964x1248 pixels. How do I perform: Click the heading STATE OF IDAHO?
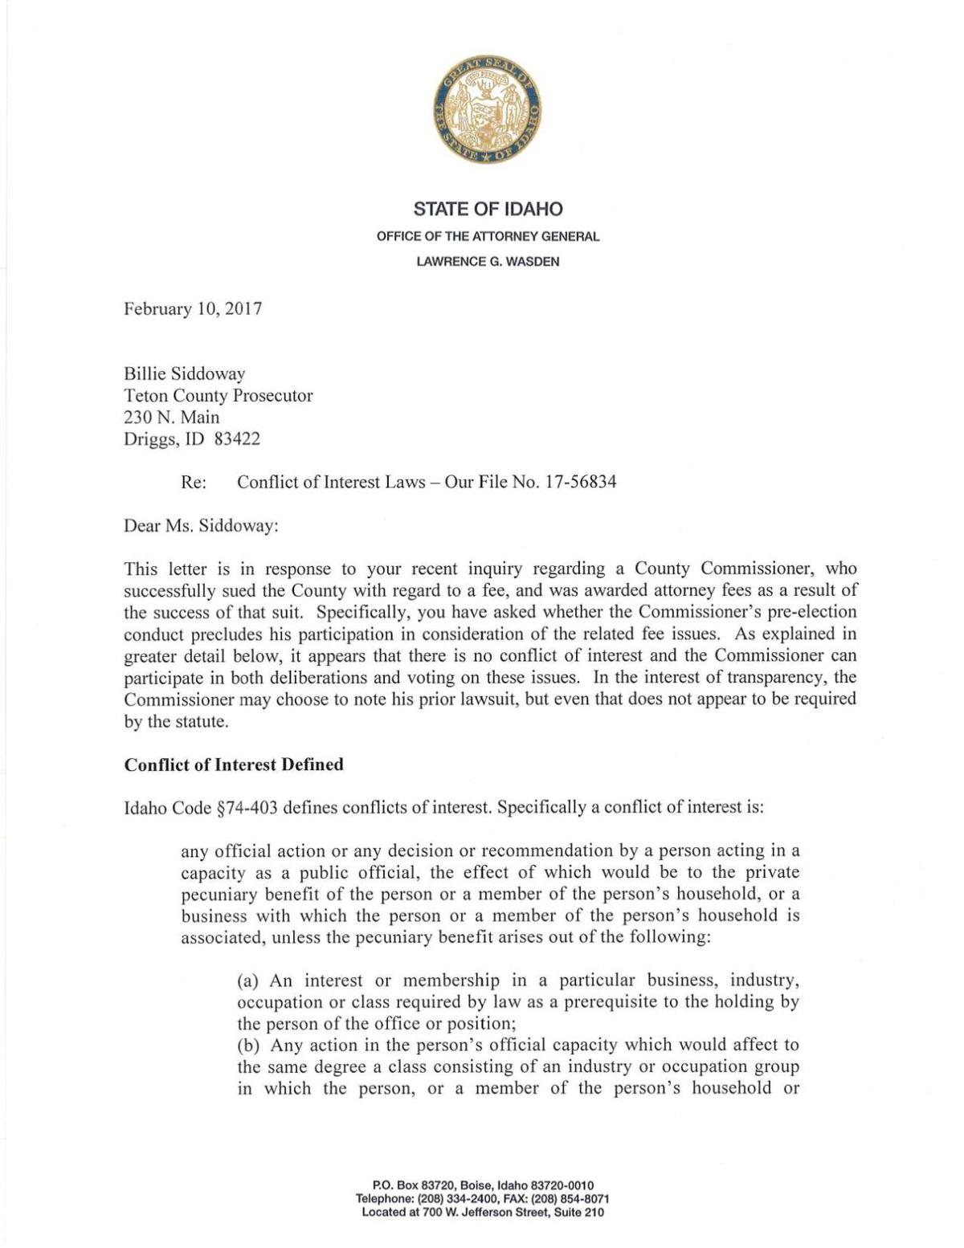[x=488, y=210]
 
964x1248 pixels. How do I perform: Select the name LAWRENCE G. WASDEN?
[x=488, y=262]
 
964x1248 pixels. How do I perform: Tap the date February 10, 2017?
[x=193, y=309]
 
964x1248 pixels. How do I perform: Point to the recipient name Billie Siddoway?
[x=184, y=373]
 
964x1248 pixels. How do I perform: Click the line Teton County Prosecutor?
[x=218, y=395]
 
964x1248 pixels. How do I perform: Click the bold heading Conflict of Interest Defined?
[x=234, y=765]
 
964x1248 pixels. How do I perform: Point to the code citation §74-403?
[x=247, y=807]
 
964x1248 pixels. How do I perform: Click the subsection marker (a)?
[x=250, y=981]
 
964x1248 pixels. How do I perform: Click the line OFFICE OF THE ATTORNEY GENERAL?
[x=488, y=237]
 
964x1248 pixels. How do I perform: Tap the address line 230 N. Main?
[x=171, y=418]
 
